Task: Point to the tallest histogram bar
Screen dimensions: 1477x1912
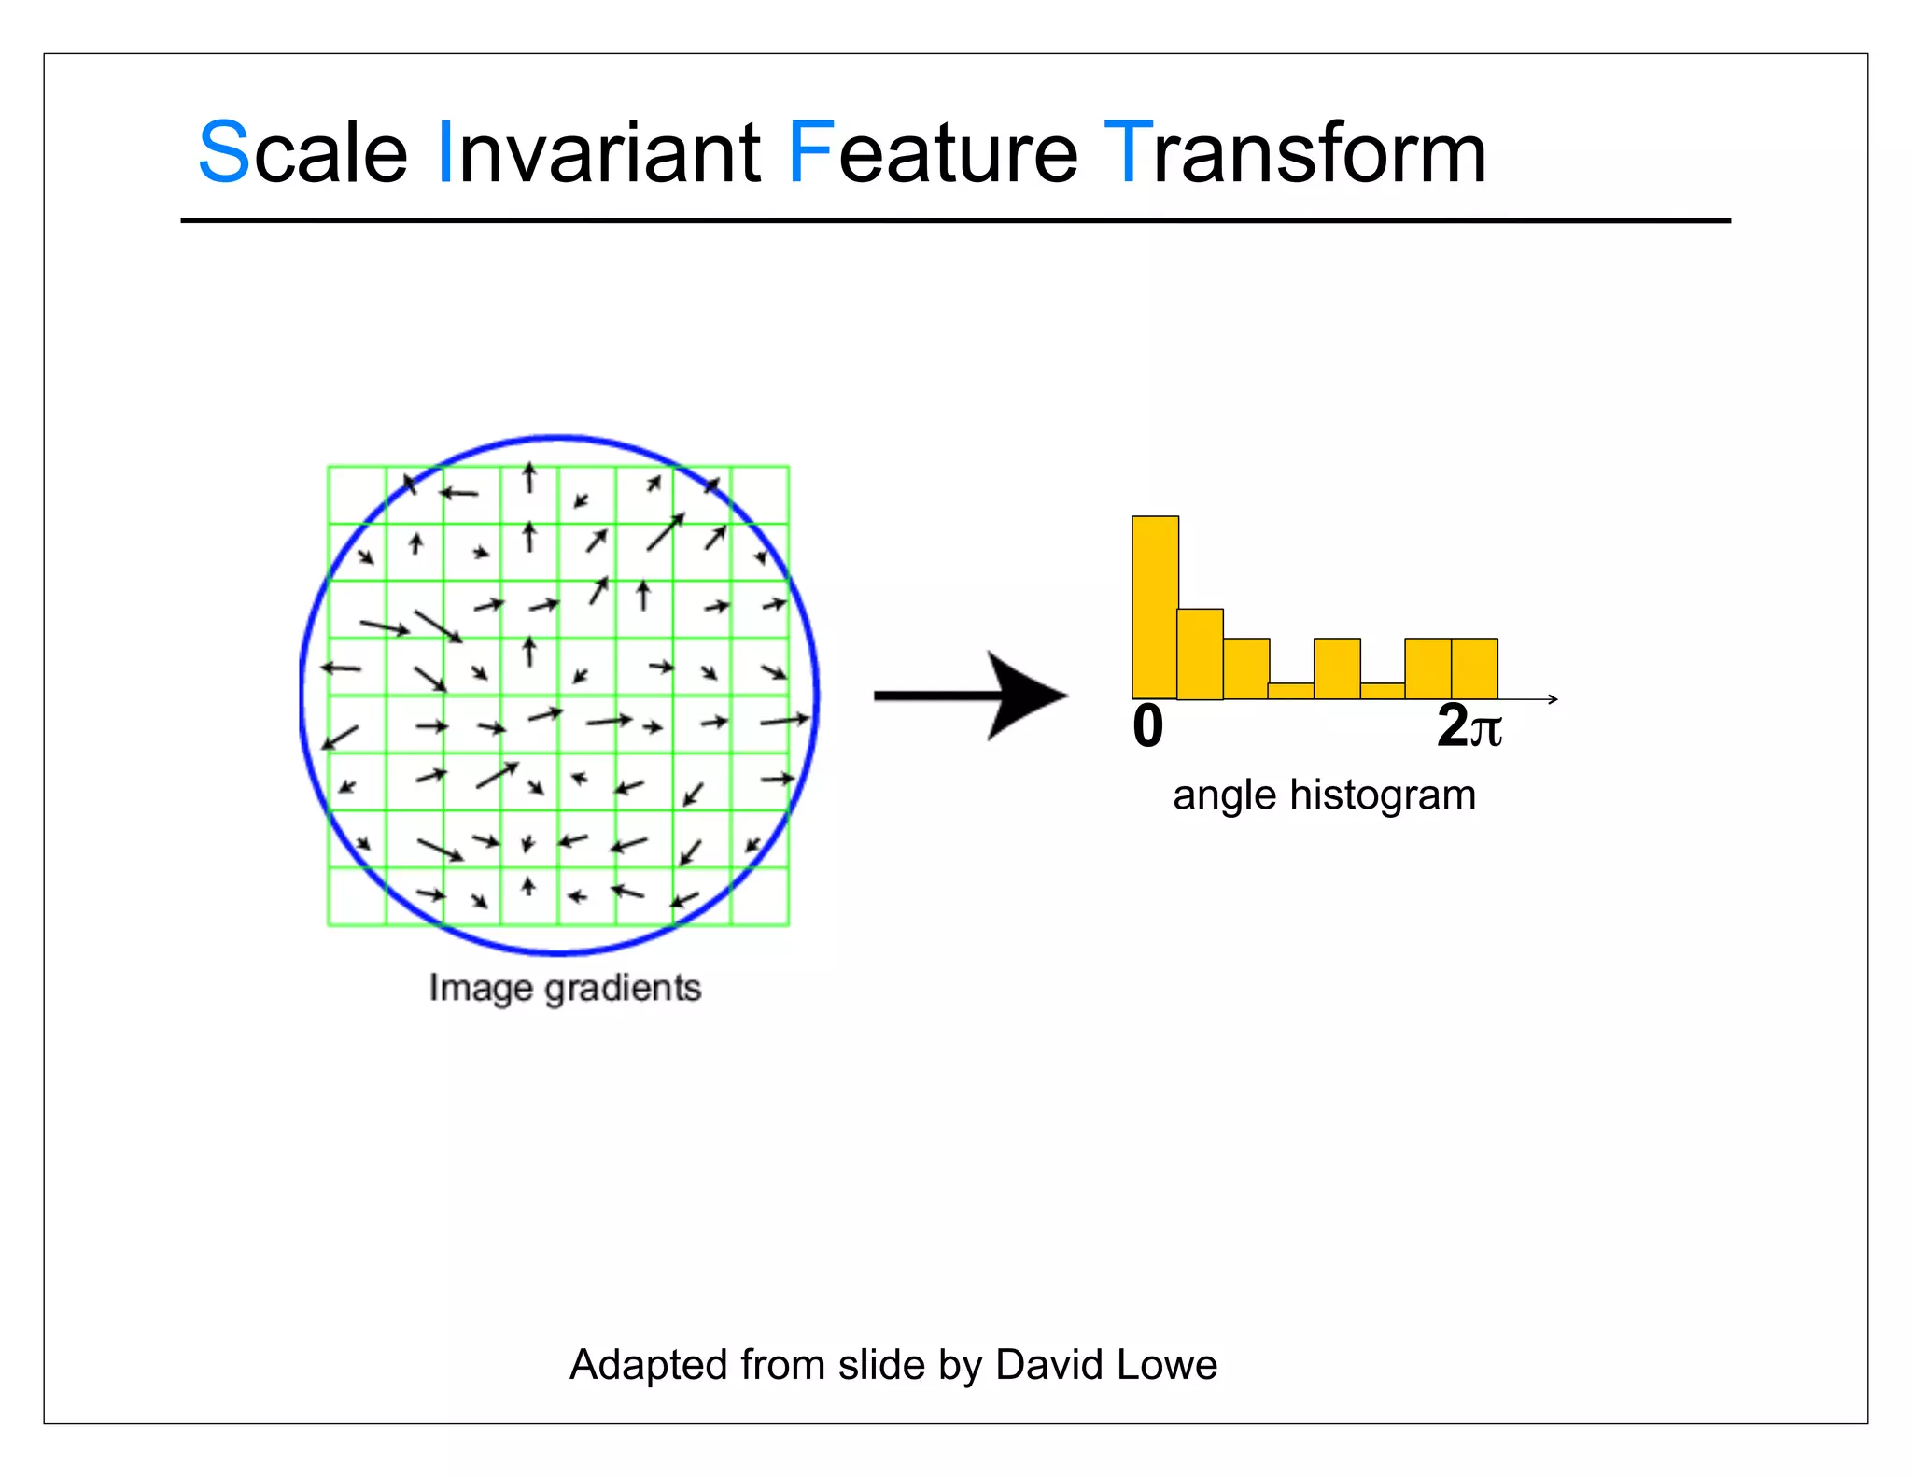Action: [1155, 607]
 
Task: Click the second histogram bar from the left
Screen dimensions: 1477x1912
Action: [1200, 654]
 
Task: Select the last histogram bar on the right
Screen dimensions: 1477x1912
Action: [1474, 668]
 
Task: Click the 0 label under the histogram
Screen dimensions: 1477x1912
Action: [1148, 726]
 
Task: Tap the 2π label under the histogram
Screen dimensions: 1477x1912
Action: [1469, 726]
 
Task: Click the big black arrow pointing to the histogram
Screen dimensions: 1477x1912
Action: [971, 696]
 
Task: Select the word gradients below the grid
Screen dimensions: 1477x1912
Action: [623, 988]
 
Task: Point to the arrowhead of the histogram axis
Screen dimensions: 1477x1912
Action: [1553, 698]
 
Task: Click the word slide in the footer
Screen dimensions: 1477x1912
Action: [882, 1365]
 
